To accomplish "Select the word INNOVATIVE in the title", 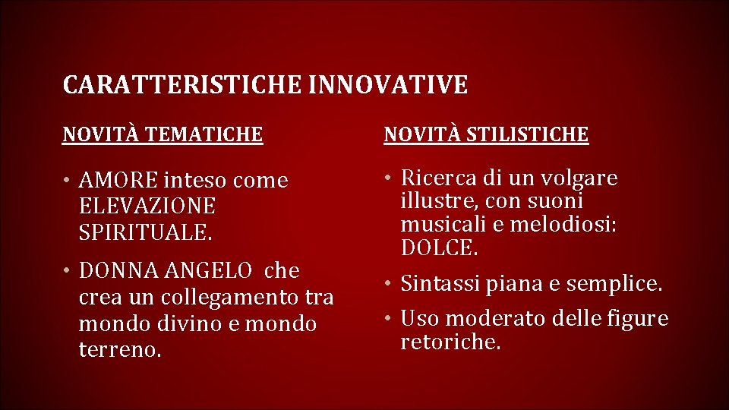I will click(x=389, y=85).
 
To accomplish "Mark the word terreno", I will click(x=119, y=349).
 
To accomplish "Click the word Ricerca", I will click(x=439, y=178).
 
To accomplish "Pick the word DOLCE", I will click(x=439, y=248).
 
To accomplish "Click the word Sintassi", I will click(x=439, y=284).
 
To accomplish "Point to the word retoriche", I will click(x=450, y=342).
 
